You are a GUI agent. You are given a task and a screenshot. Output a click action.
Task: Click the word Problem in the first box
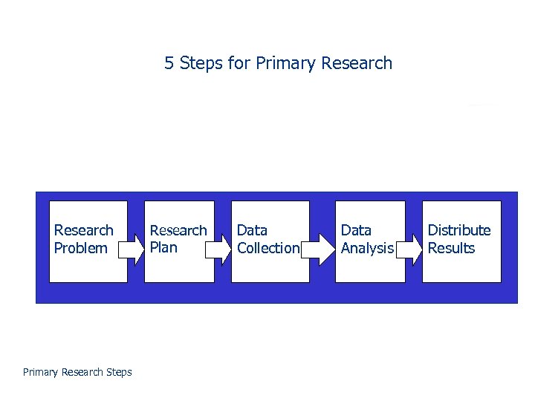(81, 248)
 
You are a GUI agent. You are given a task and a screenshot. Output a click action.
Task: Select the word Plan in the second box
(163, 247)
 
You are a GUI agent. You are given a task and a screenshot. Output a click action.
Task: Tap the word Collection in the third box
(268, 248)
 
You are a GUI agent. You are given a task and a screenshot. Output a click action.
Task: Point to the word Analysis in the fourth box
(367, 248)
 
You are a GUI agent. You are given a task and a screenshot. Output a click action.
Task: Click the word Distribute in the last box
(459, 230)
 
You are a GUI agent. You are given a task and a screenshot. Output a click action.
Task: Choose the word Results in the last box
(451, 248)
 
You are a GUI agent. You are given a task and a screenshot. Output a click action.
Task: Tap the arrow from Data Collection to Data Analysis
(321, 249)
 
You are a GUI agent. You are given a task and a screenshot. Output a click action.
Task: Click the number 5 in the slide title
(169, 63)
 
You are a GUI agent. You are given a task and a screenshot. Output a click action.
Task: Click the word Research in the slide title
(357, 63)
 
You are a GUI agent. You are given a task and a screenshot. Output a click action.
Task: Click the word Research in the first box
(84, 230)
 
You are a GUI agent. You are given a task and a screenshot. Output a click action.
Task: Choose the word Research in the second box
(178, 230)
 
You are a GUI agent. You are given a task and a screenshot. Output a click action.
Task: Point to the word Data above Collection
(252, 230)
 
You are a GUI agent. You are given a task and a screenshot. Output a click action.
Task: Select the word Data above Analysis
(356, 230)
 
